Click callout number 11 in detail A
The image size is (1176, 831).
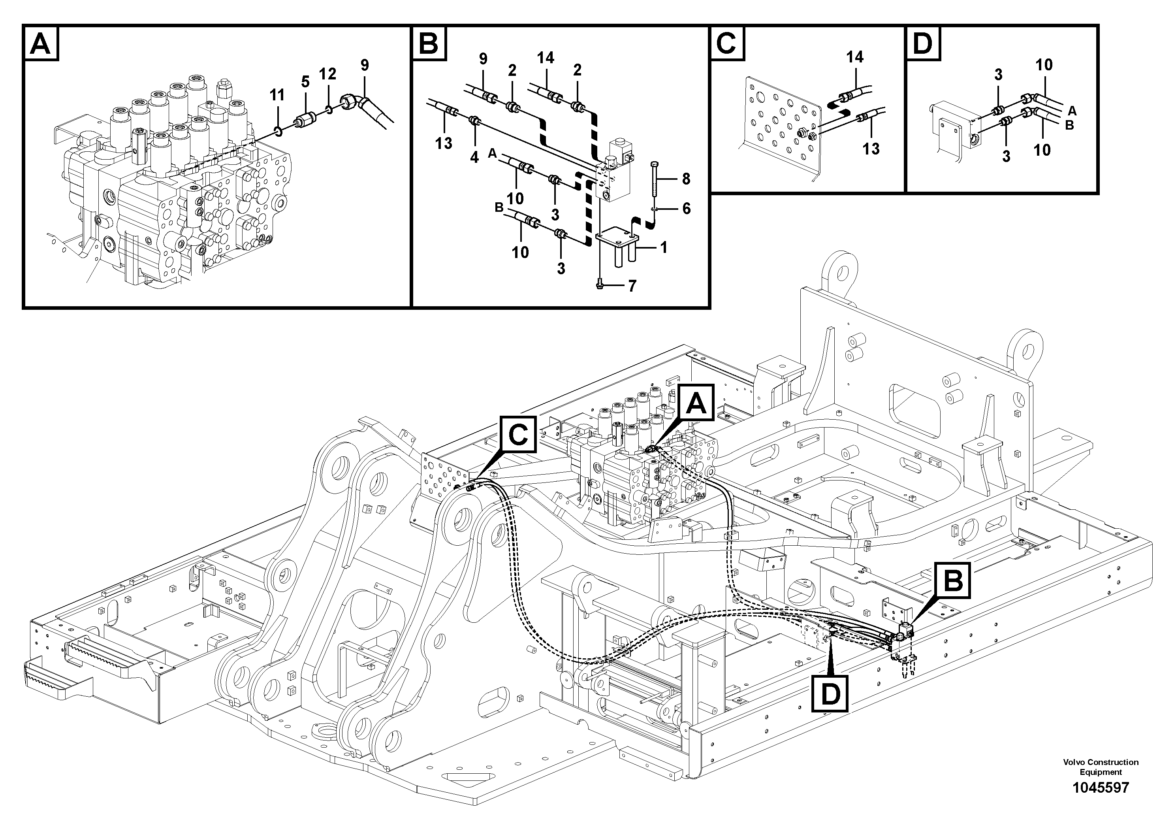pyautogui.click(x=277, y=95)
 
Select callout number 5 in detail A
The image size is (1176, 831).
pyautogui.click(x=305, y=81)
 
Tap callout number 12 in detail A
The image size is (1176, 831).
pyautogui.click(x=328, y=74)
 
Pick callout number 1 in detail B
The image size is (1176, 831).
pyautogui.click(x=664, y=248)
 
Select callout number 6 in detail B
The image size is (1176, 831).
pyautogui.click(x=686, y=209)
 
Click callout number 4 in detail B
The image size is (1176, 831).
pyautogui.click(x=475, y=157)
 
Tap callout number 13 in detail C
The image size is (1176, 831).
pyautogui.click(x=871, y=149)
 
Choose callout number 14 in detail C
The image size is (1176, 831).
pyautogui.click(x=855, y=57)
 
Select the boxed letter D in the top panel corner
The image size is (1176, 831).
pyautogui.click(x=923, y=43)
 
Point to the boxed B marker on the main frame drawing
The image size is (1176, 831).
pyautogui.click(x=953, y=581)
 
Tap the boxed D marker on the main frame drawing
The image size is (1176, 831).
pyautogui.click(x=830, y=694)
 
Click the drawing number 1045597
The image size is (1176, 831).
pyautogui.click(x=1101, y=788)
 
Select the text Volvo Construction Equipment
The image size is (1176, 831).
pyautogui.click(x=1101, y=767)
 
